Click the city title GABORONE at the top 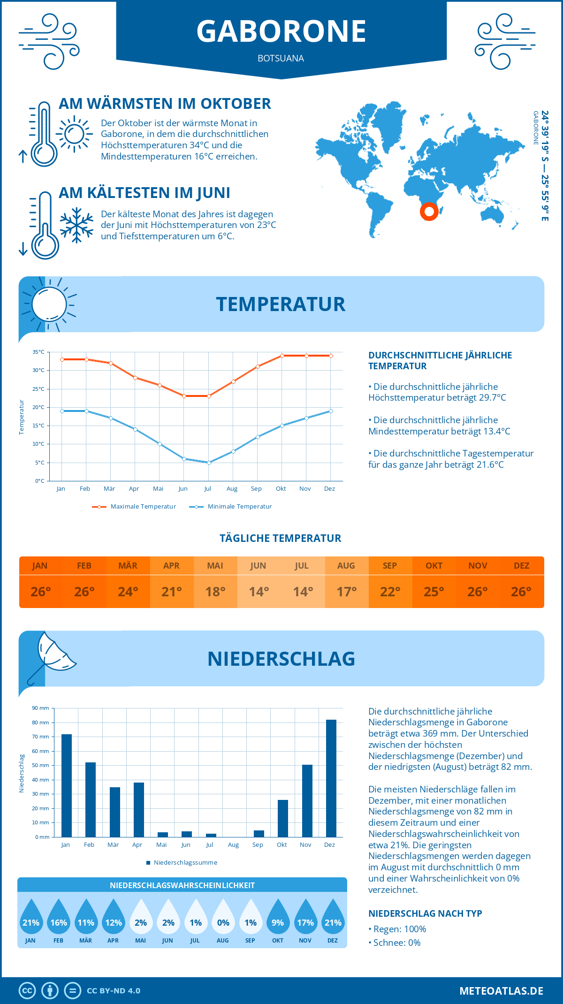pos(281,32)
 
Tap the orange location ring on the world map pos(429,211)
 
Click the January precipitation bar pos(67,785)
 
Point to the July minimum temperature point pos(209,463)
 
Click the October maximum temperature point pos(282,356)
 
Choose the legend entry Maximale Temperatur pos(134,507)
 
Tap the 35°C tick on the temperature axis pos(38,352)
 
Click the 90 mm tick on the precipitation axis pos(40,708)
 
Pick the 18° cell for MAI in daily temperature pos(215,592)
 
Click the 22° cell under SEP pos(390,592)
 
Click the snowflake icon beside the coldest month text pos(76,225)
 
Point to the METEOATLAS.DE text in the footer pos(501,991)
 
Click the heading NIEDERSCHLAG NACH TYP pos(425,913)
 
